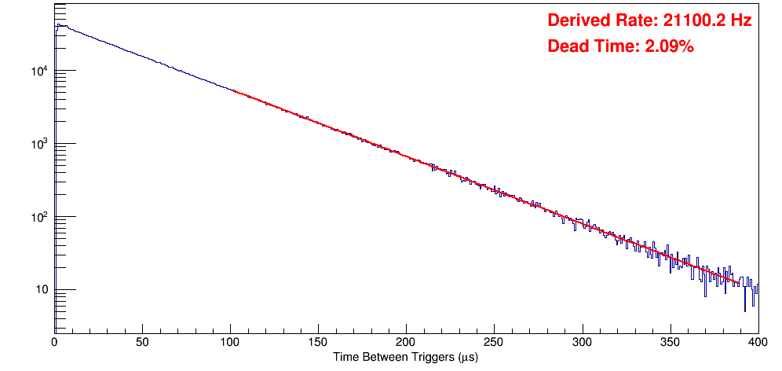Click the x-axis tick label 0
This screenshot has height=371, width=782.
pos(54,342)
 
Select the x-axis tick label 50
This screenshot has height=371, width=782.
pos(142,342)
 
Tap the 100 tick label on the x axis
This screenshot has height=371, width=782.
pos(230,342)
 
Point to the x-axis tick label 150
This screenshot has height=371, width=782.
pos(318,342)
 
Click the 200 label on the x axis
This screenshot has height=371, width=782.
pos(406,342)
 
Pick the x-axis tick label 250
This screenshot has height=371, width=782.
pos(494,342)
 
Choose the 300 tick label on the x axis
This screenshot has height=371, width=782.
pos(582,342)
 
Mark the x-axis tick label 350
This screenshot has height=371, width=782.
pos(670,342)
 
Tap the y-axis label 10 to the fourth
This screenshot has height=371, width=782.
pos(39,71)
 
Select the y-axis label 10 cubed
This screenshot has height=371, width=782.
pos(39,144)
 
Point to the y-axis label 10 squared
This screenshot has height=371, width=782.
pos(39,217)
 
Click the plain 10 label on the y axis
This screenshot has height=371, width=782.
pos(42,290)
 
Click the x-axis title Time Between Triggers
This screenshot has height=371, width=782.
pos(405,357)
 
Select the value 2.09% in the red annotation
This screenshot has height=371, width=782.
pos(669,46)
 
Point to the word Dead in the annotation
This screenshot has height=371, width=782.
pos(566,46)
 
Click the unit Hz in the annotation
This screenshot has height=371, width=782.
pos(741,20)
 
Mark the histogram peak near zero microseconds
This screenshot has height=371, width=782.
pos(58,24)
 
